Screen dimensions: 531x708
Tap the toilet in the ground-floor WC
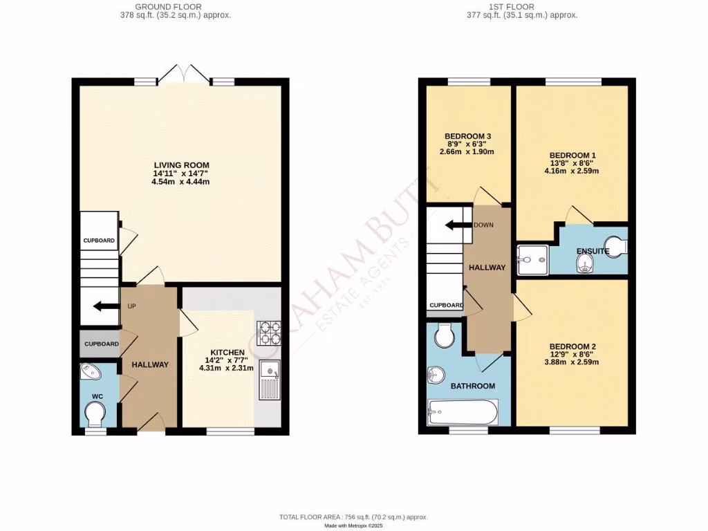click(x=95, y=414)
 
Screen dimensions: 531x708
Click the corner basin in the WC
click(x=91, y=373)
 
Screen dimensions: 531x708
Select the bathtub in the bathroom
click(x=463, y=413)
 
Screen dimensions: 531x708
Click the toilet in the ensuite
click(x=615, y=245)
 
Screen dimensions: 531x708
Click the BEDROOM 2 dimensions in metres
click(x=573, y=362)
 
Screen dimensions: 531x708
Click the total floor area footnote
click(x=353, y=517)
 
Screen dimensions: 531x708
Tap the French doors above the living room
click(x=183, y=73)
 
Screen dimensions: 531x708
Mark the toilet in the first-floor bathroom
click(x=443, y=337)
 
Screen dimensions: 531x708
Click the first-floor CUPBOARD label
click(x=446, y=305)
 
